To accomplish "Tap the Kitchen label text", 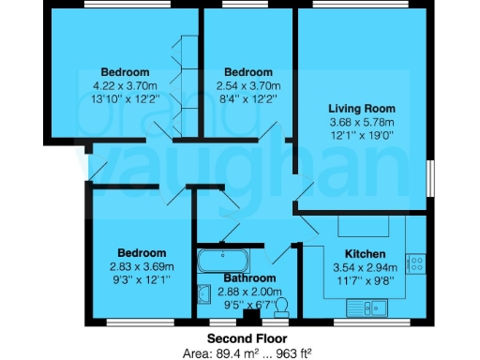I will pos(363,254).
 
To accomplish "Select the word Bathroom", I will pos(248,279).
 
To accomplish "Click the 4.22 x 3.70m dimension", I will pos(126,85).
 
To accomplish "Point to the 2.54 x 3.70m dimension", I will pos(247,85).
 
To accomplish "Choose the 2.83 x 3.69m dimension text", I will pos(142,266).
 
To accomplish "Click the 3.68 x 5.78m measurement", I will pos(357,122).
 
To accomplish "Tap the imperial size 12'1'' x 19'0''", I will pos(357,135).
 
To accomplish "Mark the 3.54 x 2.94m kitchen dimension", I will pos(363,267).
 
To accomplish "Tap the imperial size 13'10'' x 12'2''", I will pos(126,98).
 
